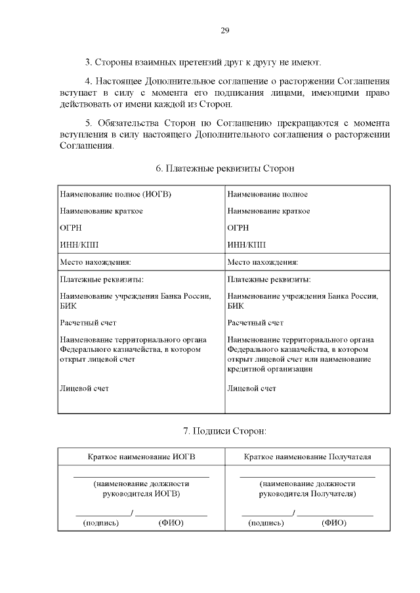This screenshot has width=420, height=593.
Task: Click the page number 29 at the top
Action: point(224,31)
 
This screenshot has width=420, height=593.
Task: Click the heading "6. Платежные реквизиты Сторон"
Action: point(224,168)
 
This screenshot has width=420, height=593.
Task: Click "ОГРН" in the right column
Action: point(238,228)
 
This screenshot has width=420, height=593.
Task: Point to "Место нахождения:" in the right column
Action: point(262,262)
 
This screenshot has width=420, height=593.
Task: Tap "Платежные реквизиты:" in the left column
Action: point(102,279)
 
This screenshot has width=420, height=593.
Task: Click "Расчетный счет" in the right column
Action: point(255,322)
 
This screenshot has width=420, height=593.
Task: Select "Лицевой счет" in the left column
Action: point(84,389)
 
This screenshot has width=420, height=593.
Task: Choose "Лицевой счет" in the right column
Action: point(251,389)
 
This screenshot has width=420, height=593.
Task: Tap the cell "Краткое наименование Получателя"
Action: point(307,457)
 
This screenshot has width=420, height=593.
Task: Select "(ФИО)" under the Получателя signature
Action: point(333,524)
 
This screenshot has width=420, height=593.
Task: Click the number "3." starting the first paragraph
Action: point(89,63)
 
